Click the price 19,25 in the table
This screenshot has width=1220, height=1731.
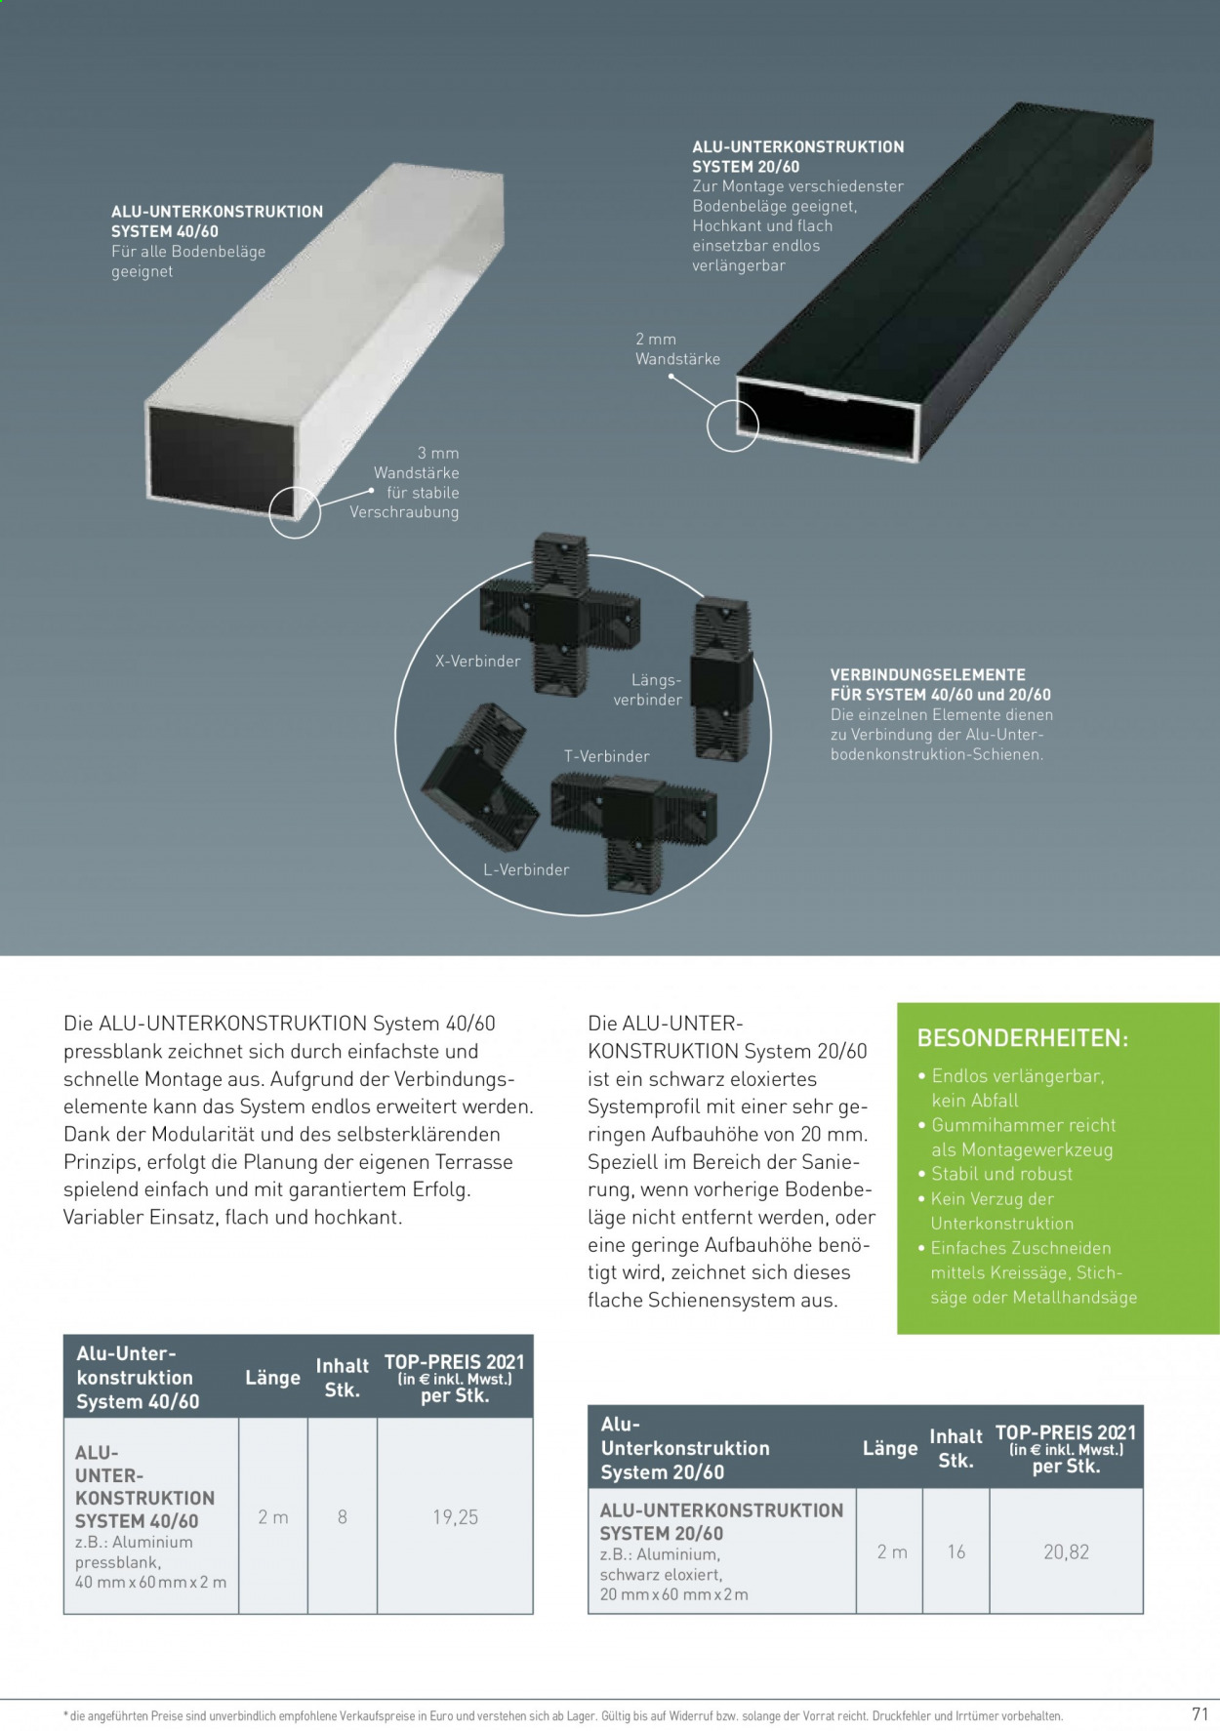tap(455, 1516)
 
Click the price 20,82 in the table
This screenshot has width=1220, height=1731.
tap(1066, 1551)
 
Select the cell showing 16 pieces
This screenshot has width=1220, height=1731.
tap(956, 1551)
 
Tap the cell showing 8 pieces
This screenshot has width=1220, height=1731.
tap(343, 1516)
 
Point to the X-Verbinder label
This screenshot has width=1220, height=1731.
tap(478, 661)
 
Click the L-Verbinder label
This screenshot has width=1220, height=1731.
tap(526, 869)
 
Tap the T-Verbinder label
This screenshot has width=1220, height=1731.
tap(606, 756)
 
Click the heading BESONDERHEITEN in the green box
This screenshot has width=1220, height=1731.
tap(1023, 1038)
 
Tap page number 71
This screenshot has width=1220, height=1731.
tap(1200, 1713)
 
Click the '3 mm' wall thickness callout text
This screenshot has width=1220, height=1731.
tap(438, 453)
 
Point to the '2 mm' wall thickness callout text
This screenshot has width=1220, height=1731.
tap(656, 339)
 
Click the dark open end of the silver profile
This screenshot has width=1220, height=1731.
tap(221, 462)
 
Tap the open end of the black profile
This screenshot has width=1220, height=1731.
tap(829, 416)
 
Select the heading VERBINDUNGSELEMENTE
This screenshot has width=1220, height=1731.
tap(927, 674)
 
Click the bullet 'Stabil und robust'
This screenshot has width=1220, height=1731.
tap(1001, 1174)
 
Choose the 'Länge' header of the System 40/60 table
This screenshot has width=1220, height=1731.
tap(272, 1377)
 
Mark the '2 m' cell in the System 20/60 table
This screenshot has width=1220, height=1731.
tap(892, 1551)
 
